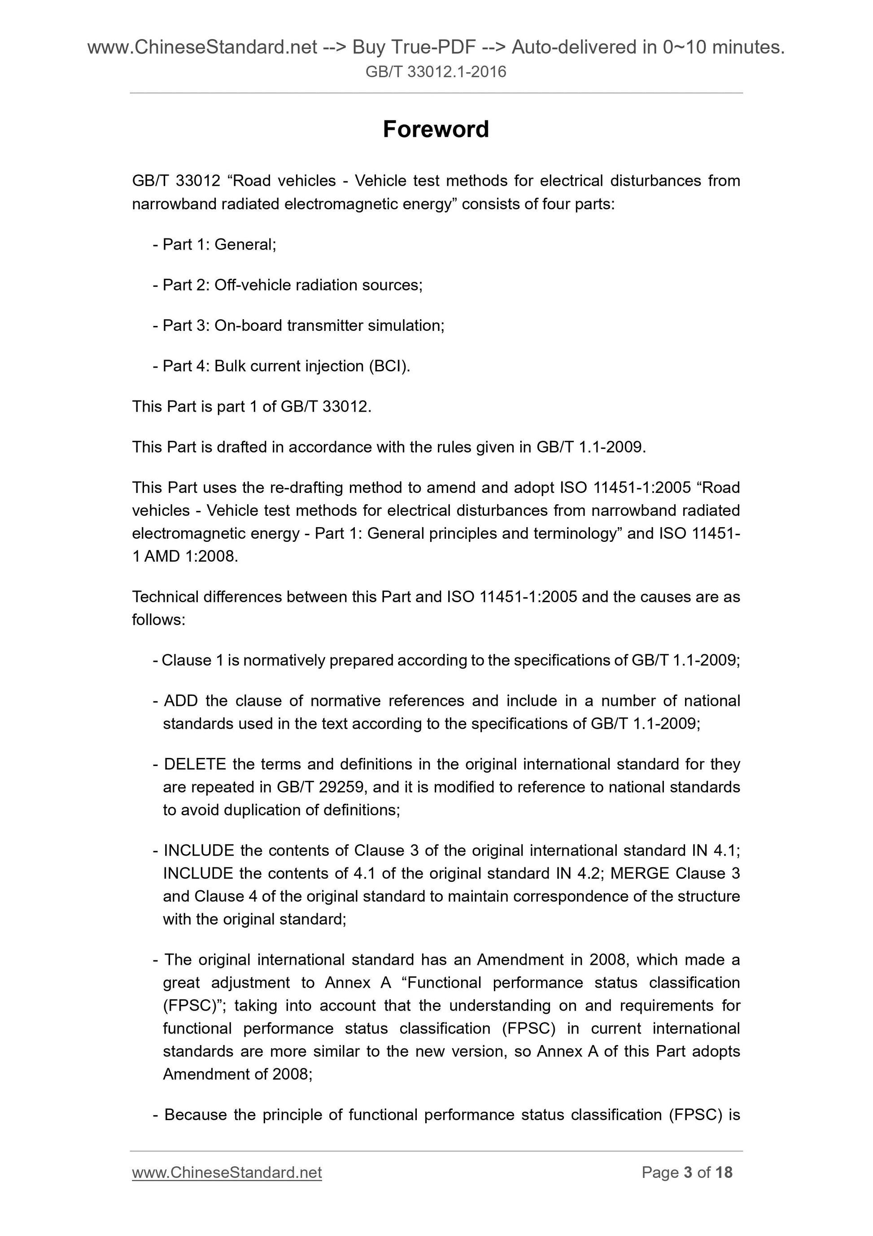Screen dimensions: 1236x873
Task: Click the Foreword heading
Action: (x=436, y=130)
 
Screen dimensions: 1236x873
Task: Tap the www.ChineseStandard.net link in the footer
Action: (x=227, y=1173)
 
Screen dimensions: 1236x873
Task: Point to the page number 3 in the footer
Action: (x=687, y=1173)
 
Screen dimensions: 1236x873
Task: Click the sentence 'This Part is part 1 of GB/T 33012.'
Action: (x=252, y=406)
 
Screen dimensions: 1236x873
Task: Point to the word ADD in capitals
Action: (x=181, y=700)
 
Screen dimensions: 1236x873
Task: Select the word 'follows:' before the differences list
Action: (x=159, y=620)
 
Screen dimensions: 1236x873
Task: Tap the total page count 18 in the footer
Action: (x=724, y=1173)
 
